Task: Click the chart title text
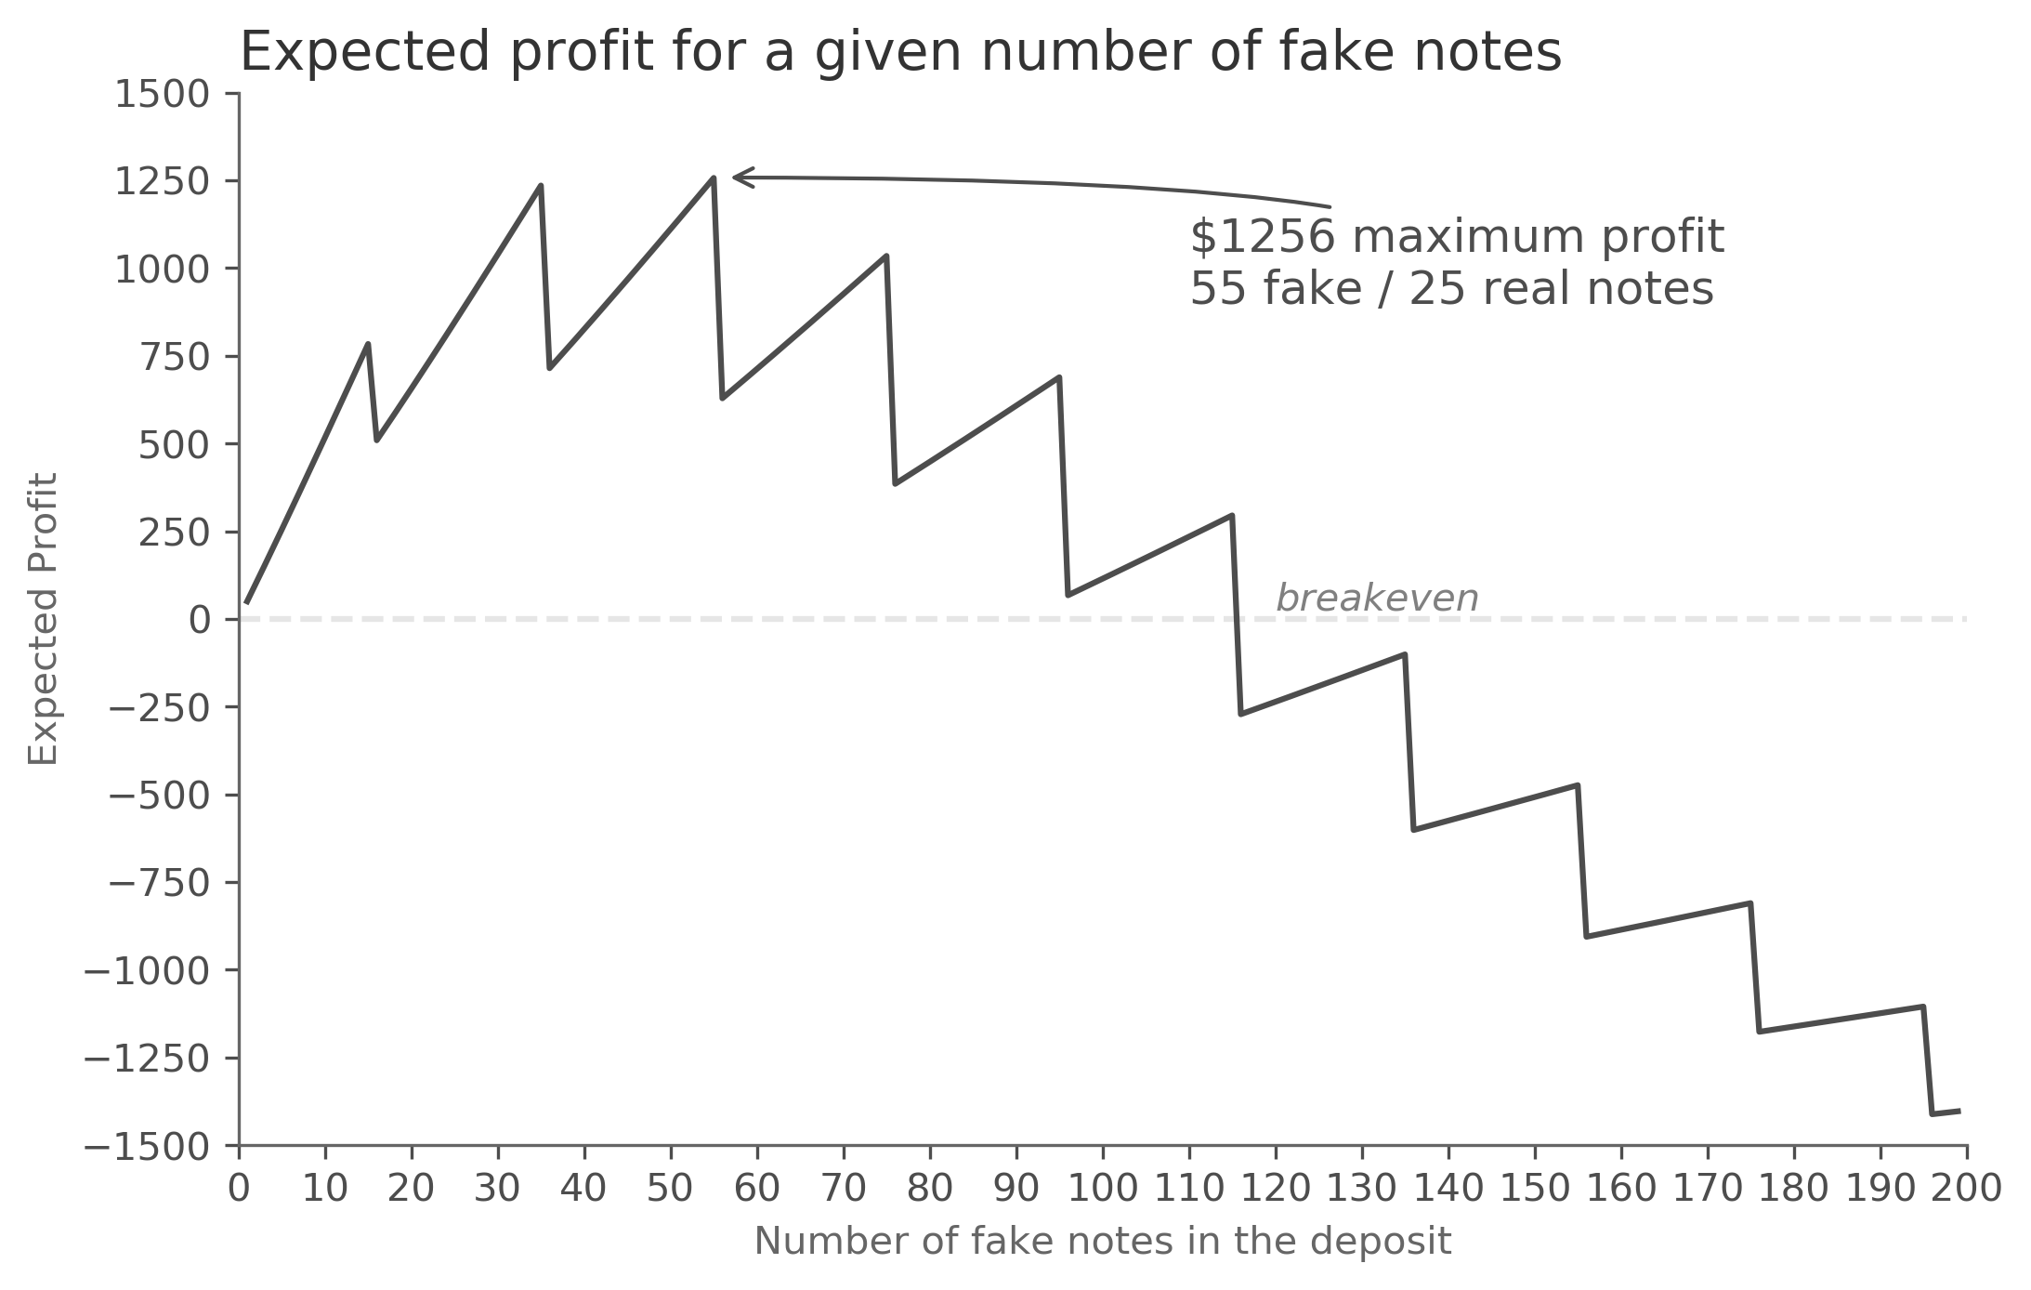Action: pyautogui.click(x=899, y=52)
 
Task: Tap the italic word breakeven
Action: pyautogui.click(x=1376, y=599)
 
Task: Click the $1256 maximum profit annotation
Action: pyautogui.click(x=1456, y=237)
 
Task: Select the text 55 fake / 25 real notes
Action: pyautogui.click(x=1450, y=289)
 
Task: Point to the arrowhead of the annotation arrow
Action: pyautogui.click(x=736, y=177)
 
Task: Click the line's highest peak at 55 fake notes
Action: pyautogui.click(x=713, y=178)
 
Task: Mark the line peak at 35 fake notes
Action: pyautogui.click(x=540, y=186)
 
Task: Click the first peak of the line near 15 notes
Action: pyautogui.click(x=368, y=344)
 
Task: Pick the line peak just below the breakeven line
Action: pyautogui.click(x=1404, y=654)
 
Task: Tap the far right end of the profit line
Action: pyautogui.click(x=1959, y=1111)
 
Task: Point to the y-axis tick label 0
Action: pyautogui.click(x=200, y=620)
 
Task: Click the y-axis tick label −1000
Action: pyautogui.click(x=147, y=971)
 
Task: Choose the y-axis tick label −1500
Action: pyautogui.click(x=147, y=1147)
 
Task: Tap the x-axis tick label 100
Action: pyautogui.click(x=1102, y=1188)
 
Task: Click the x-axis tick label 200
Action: pyautogui.click(x=1966, y=1188)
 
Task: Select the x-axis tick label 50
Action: pyautogui.click(x=670, y=1188)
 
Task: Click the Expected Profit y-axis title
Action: pyautogui.click(x=44, y=619)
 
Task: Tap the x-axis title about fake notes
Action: pyautogui.click(x=1102, y=1242)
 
